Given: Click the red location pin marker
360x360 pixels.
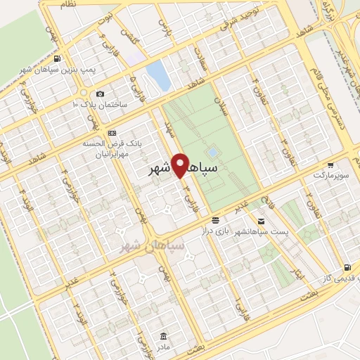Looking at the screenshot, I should (x=182, y=166).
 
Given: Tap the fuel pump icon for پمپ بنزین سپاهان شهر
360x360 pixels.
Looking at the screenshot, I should (x=56, y=58).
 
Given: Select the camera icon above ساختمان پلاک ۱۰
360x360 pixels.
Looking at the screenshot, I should (x=100, y=94).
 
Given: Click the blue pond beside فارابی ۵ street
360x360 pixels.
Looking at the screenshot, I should (x=159, y=75).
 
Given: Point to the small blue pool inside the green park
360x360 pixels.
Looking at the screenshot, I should (x=212, y=152).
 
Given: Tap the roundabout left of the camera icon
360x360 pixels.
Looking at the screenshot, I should (x=84, y=92).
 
